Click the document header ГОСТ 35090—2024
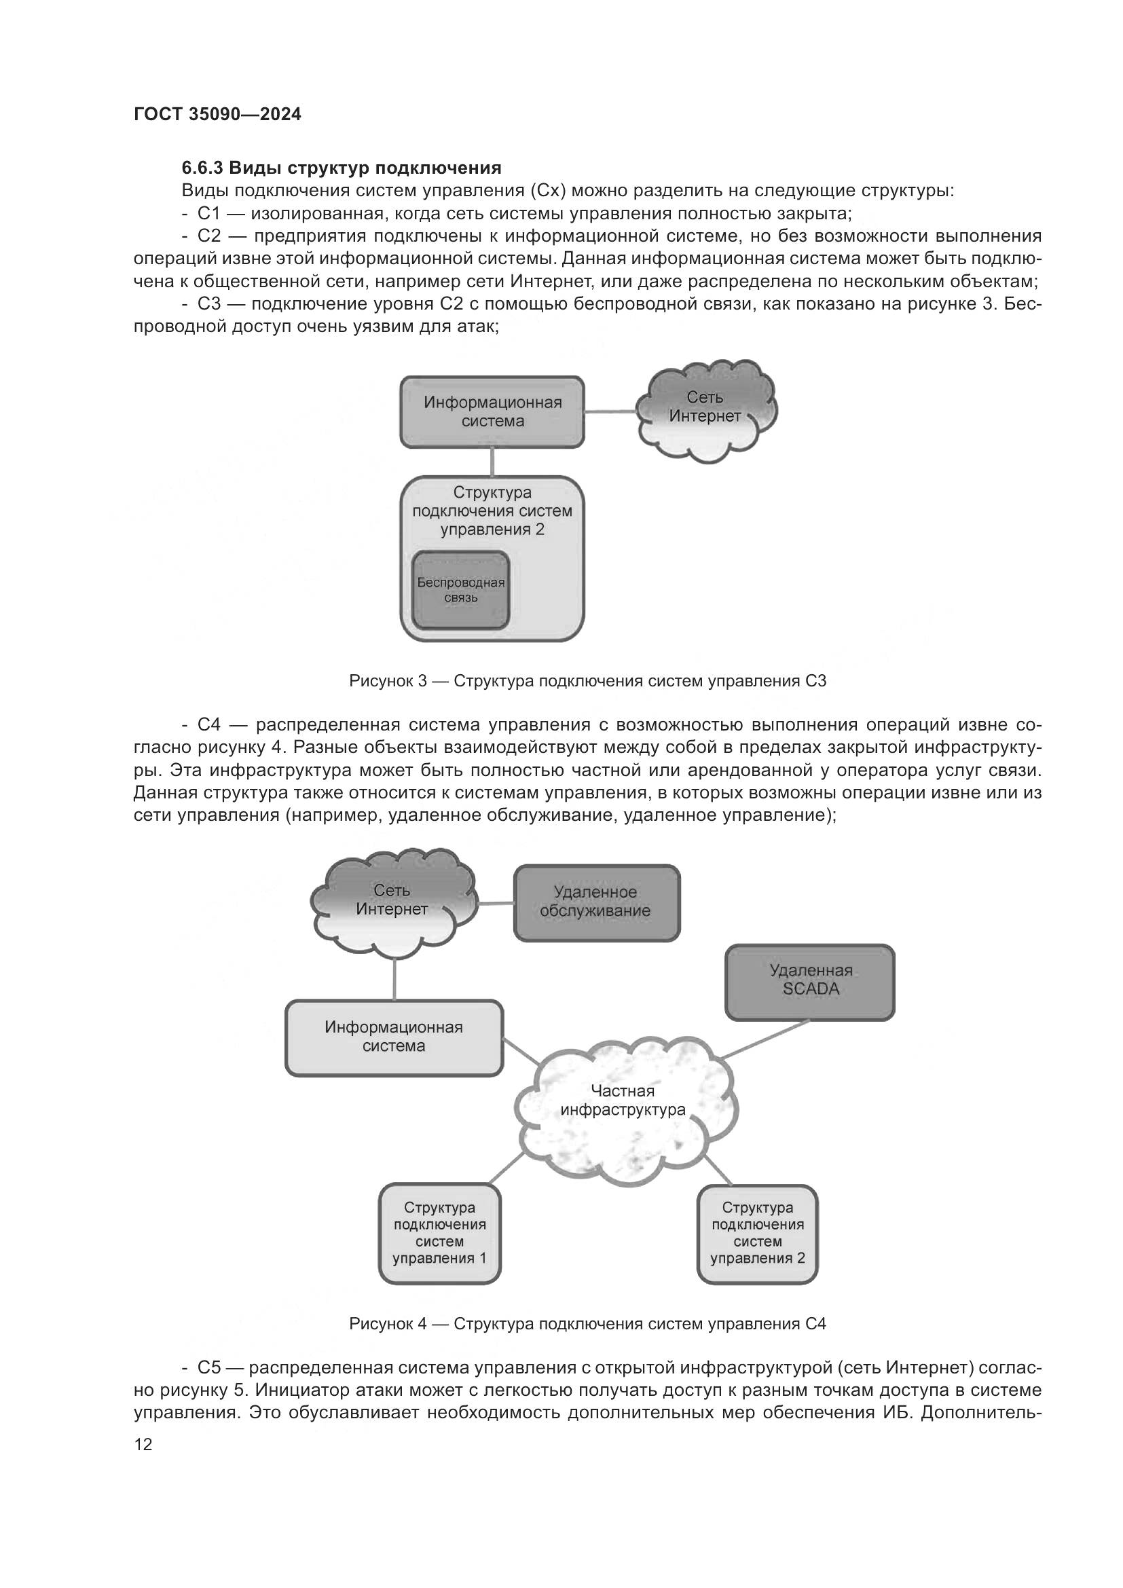(x=217, y=114)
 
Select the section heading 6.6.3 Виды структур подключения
(x=341, y=168)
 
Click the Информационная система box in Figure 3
(x=492, y=412)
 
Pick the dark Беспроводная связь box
(x=460, y=590)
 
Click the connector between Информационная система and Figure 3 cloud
(x=610, y=412)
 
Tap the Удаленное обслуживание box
(x=596, y=902)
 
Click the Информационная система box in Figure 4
(x=394, y=1037)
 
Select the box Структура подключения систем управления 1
(x=440, y=1233)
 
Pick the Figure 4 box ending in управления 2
(x=757, y=1233)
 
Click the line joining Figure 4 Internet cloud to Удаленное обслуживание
(x=496, y=903)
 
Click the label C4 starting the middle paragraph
(x=208, y=726)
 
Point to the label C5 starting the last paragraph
(x=208, y=1368)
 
